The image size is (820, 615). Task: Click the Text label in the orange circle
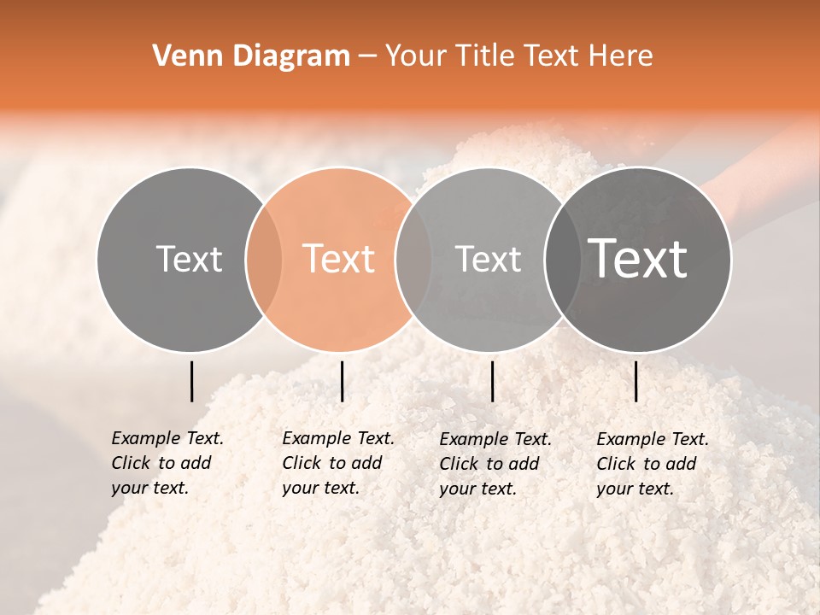[339, 259]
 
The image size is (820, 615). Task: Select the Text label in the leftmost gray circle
[189, 259]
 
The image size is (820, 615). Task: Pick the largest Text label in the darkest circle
[638, 259]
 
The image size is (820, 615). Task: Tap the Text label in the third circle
[489, 259]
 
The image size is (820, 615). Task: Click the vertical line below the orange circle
[342, 381]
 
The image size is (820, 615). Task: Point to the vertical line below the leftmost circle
[191, 381]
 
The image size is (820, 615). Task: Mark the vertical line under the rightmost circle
[636, 381]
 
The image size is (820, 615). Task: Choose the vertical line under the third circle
[492, 381]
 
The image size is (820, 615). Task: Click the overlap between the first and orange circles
[264, 259]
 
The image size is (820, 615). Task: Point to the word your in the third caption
[454, 489]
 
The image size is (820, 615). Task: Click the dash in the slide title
[367, 56]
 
